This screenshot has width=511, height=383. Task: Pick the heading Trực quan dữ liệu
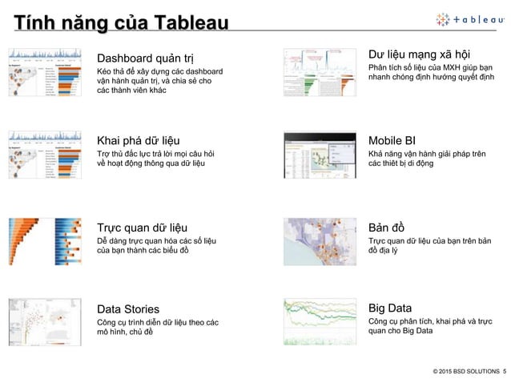(x=142, y=225)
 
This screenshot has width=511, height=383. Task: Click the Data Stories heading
(x=128, y=308)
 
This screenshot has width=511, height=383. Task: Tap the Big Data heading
(x=390, y=308)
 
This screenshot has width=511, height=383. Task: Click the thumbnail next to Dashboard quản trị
(x=45, y=75)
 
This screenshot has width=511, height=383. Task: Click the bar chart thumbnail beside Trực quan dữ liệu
(x=45, y=240)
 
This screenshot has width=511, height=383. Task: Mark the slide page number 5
(x=505, y=371)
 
